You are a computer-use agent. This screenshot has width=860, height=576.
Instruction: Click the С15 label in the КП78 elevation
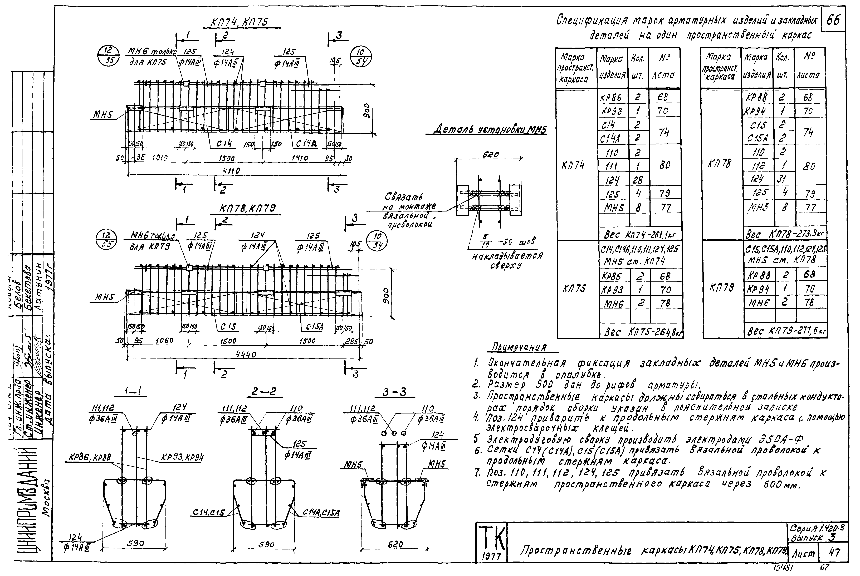click(228, 327)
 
